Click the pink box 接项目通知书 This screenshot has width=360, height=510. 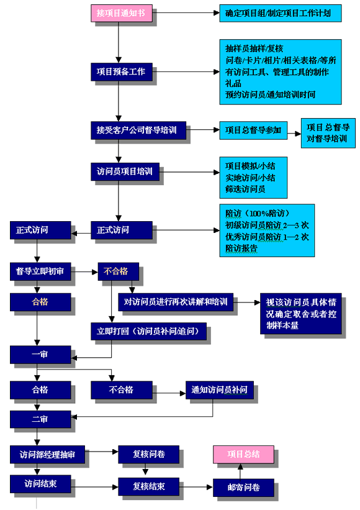coord(122,13)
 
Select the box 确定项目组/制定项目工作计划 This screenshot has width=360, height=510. coord(281,13)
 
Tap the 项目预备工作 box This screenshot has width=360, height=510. coord(122,72)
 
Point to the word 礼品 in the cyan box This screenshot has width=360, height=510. coord(233,83)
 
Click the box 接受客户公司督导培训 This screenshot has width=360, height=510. coord(138,130)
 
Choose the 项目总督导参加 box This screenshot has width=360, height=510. coord(253,130)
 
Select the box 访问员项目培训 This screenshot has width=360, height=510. coord(125,171)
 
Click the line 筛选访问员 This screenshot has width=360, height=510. coord(245,189)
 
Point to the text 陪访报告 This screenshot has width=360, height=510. coord(241,248)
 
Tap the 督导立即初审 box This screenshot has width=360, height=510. coord(40,271)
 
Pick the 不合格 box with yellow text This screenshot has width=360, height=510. coord(119,271)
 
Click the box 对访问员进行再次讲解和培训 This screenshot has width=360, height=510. coord(176,302)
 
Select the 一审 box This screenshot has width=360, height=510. coord(40,355)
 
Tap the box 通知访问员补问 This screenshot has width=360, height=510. coord(220,390)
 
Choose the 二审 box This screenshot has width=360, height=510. coord(40,419)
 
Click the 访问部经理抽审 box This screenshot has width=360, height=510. coord(47,454)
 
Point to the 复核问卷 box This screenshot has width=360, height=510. coord(148,454)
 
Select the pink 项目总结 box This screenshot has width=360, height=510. coord(243,454)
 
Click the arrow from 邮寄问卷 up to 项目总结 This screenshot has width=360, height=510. coord(240,471)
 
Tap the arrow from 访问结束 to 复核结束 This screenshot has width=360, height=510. coord(94,487)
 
